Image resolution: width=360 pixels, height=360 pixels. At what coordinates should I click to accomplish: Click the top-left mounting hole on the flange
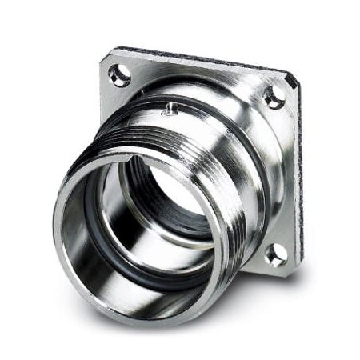coord(119,75)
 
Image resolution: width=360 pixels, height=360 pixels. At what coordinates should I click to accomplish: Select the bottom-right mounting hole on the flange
coord(276,254)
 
